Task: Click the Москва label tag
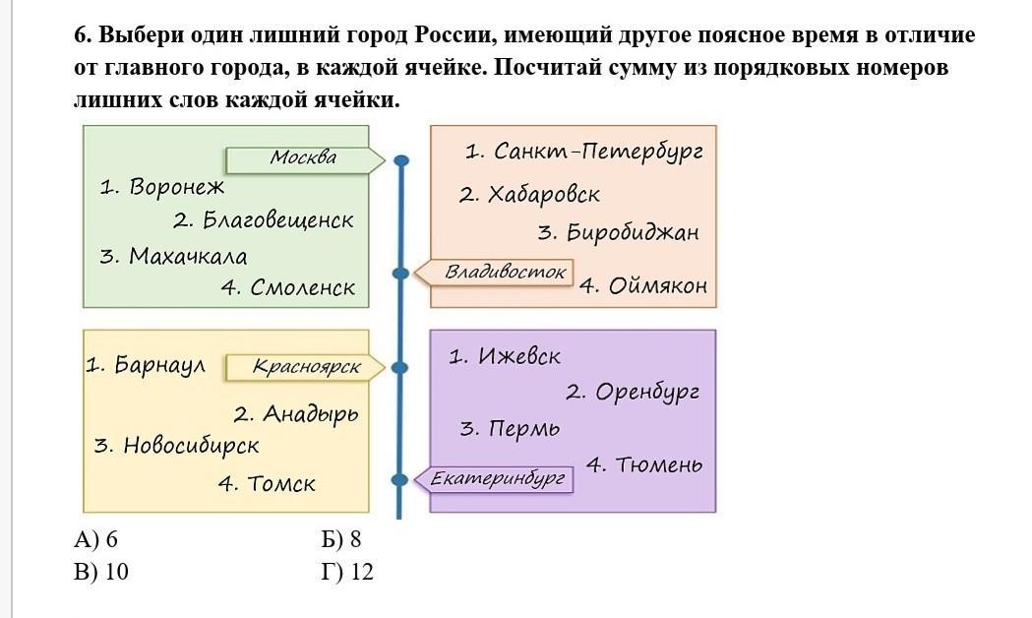click(303, 158)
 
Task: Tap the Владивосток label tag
click(507, 272)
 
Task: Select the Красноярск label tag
click(306, 368)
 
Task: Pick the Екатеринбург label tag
click(500, 479)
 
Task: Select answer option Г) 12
click(347, 572)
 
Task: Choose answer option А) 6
click(95, 539)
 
